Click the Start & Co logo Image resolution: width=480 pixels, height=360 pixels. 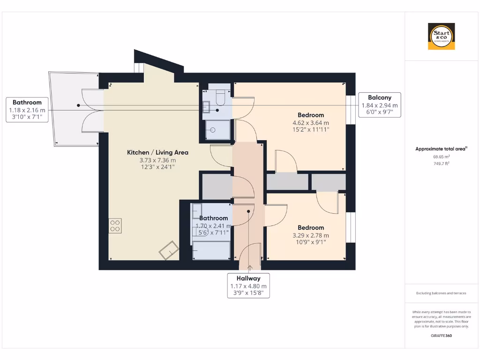point(442,37)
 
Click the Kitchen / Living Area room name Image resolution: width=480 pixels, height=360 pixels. point(157,152)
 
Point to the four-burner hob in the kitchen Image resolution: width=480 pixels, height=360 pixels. point(115,226)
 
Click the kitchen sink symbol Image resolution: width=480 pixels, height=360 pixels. point(168,250)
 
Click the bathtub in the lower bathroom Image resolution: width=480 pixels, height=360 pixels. point(211,250)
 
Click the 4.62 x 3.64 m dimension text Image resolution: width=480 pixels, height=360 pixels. point(311,122)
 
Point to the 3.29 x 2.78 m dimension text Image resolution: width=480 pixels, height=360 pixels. point(311,235)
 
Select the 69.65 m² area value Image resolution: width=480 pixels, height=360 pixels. point(441,157)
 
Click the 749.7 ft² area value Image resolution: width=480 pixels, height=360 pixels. point(441,164)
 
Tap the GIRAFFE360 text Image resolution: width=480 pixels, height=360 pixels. point(441,336)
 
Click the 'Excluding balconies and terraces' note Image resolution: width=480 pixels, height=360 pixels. point(441,293)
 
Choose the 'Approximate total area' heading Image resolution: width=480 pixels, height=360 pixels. point(441,149)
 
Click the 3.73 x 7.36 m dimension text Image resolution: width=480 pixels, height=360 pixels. point(157,160)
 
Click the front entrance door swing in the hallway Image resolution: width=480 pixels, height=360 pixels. point(249,258)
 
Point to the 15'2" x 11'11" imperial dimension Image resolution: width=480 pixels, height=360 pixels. point(311,129)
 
